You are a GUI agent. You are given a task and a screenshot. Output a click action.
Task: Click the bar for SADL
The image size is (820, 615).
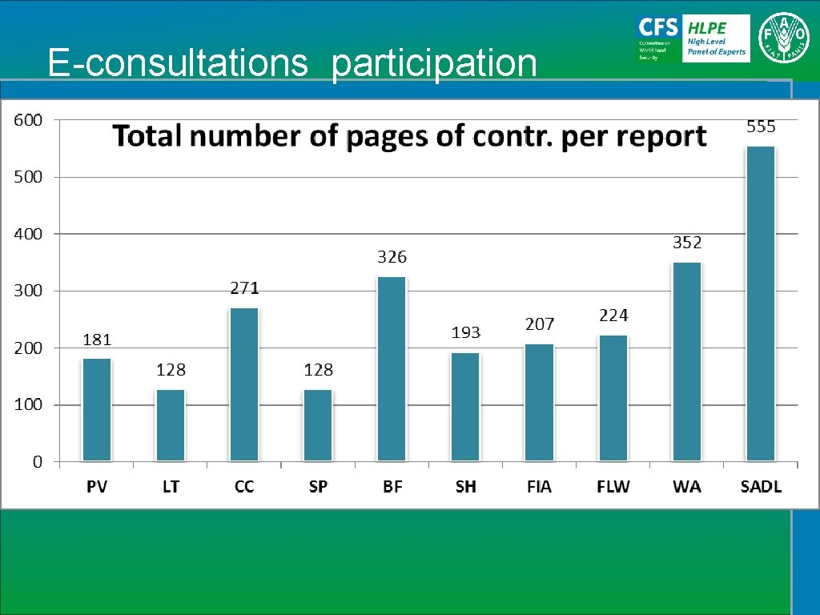[x=760, y=303]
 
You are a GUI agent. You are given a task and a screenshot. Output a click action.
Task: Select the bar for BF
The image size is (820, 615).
[x=392, y=368]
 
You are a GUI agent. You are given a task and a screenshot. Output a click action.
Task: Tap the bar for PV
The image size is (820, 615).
[x=97, y=409]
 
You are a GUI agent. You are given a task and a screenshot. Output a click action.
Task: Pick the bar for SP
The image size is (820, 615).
[x=318, y=424]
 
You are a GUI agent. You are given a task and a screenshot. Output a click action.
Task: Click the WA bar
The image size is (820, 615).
[x=686, y=361]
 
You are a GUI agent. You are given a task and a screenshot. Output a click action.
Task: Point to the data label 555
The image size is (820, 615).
[x=761, y=127]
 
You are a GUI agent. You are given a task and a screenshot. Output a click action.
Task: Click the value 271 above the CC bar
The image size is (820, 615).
[x=244, y=287]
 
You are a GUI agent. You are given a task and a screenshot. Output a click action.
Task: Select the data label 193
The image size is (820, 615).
[x=465, y=332]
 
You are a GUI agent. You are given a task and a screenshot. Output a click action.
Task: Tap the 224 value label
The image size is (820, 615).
[x=613, y=316]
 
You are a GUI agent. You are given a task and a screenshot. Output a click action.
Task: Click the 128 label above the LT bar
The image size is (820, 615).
[x=171, y=370]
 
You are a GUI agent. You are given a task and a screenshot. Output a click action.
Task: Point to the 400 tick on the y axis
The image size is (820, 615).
[x=26, y=234]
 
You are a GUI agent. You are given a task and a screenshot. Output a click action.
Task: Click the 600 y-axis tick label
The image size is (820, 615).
[x=26, y=120]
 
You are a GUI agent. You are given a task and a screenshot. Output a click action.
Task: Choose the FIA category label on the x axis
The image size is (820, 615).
[x=539, y=487]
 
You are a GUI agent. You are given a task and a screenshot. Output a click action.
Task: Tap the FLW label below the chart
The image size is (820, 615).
[x=613, y=487]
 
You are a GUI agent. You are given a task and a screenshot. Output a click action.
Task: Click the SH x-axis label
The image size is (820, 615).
[x=465, y=487]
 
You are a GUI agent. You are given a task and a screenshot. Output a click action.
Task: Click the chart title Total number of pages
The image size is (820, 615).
[x=409, y=137]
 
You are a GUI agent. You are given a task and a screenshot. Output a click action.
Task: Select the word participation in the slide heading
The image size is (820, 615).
[x=434, y=63]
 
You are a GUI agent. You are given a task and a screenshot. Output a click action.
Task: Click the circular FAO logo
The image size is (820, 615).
[x=786, y=38]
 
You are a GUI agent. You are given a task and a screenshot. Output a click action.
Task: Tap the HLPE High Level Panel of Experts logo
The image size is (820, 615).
[x=716, y=38]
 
